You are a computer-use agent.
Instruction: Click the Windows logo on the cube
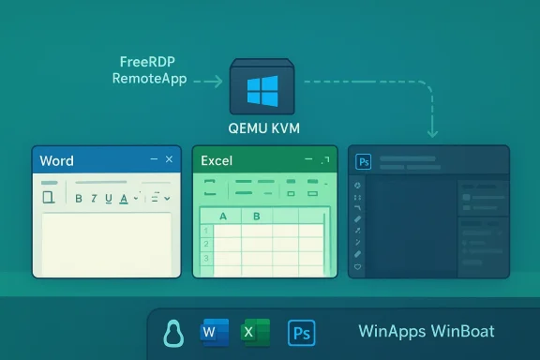pyautogui.click(x=263, y=91)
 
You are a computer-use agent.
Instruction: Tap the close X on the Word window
pyautogui.click(x=169, y=160)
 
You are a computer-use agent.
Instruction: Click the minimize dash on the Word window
pyautogui.click(x=152, y=160)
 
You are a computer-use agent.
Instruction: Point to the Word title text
pyautogui.click(x=57, y=161)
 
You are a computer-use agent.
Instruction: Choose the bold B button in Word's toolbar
pyautogui.click(x=80, y=198)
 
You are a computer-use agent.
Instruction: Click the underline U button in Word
pyautogui.click(x=110, y=198)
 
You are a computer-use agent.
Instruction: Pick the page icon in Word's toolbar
pyautogui.click(x=49, y=197)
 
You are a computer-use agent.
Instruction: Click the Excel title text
pyautogui.click(x=217, y=161)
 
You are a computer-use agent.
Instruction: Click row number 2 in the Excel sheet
pyautogui.click(x=204, y=244)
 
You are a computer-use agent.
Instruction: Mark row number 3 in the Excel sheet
pyautogui.click(x=204, y=258)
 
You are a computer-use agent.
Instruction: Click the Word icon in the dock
pyautogui.click(x=214, y=333)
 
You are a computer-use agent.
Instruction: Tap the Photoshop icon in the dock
pyautogui.click(x=302, y=333)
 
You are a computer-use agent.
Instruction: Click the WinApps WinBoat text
pyautogui.click(x=426, y=333)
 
